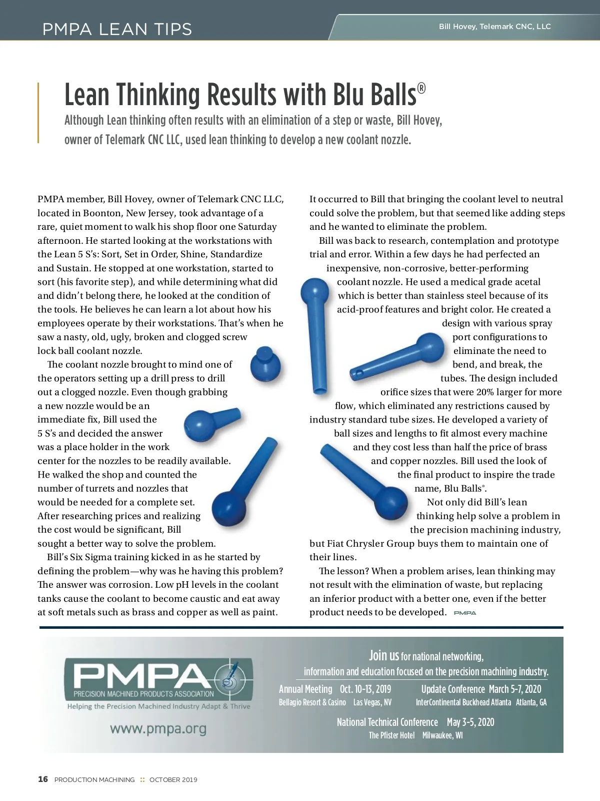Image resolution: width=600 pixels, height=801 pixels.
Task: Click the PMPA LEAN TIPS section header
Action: (x=117, y=29)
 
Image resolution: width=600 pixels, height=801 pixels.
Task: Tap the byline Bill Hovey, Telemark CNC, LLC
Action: (x=494, y=27)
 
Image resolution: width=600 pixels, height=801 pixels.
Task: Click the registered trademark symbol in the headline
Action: (x=421, y=89)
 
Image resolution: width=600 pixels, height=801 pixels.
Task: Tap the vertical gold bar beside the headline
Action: (x=38, y=113)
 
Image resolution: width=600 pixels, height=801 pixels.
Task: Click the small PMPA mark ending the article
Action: (x=464, y=613)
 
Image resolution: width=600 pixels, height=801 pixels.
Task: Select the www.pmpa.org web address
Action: (x=158, y=728)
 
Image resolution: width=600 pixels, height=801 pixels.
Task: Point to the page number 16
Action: (x=43, y=779)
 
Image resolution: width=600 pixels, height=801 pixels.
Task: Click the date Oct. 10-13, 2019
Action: (x=365, y=689)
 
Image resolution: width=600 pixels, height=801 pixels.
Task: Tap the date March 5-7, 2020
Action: (x=515, y=689)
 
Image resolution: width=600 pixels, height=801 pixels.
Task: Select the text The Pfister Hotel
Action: (x=391, y=735)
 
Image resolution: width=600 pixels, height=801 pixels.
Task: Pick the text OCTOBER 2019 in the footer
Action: (x=173, y=779)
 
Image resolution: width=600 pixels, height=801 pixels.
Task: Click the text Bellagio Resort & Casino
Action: (x=312, y=702)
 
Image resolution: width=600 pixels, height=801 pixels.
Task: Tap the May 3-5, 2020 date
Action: (x=470, y=722)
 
